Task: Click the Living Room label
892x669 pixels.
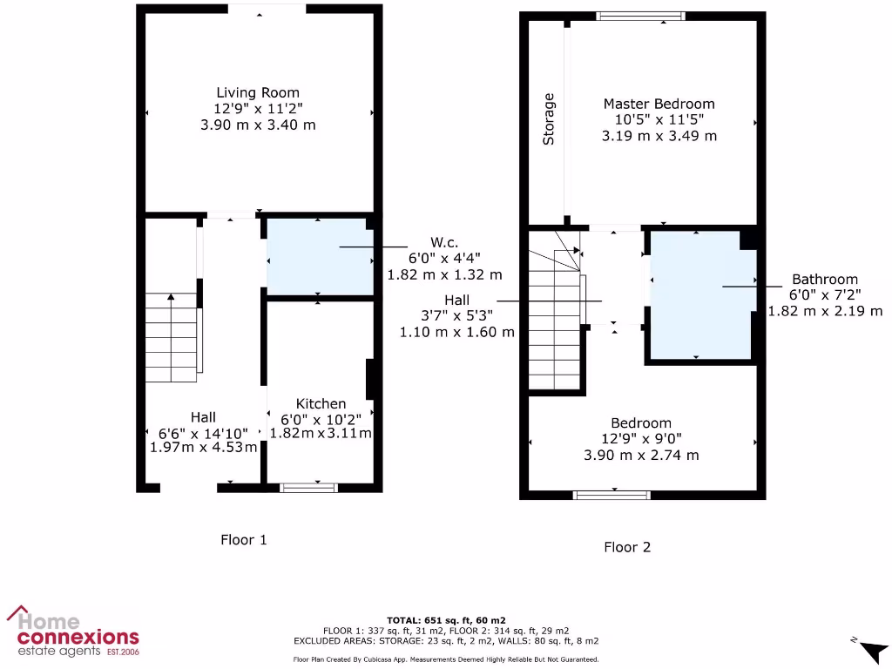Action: (258, 92)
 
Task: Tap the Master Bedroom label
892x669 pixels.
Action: (659, 104)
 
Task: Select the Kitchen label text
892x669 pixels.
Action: (321, 403)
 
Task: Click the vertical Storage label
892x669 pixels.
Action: (549, 118)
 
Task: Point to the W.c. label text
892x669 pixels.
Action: (444, 241)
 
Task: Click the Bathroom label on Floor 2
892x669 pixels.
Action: (824, 280)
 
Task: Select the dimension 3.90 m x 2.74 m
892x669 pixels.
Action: (641, 455)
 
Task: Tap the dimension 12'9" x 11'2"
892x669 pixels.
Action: (258, 109)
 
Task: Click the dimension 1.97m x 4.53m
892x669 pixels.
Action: (204, 448)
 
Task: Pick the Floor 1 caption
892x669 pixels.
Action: (243, 540)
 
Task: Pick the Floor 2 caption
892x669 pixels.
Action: (627, 547)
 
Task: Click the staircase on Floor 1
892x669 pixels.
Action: (172, 338)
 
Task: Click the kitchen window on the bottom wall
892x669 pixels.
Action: (308, 487)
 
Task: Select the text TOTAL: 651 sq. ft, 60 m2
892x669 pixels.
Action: (445, 619)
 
